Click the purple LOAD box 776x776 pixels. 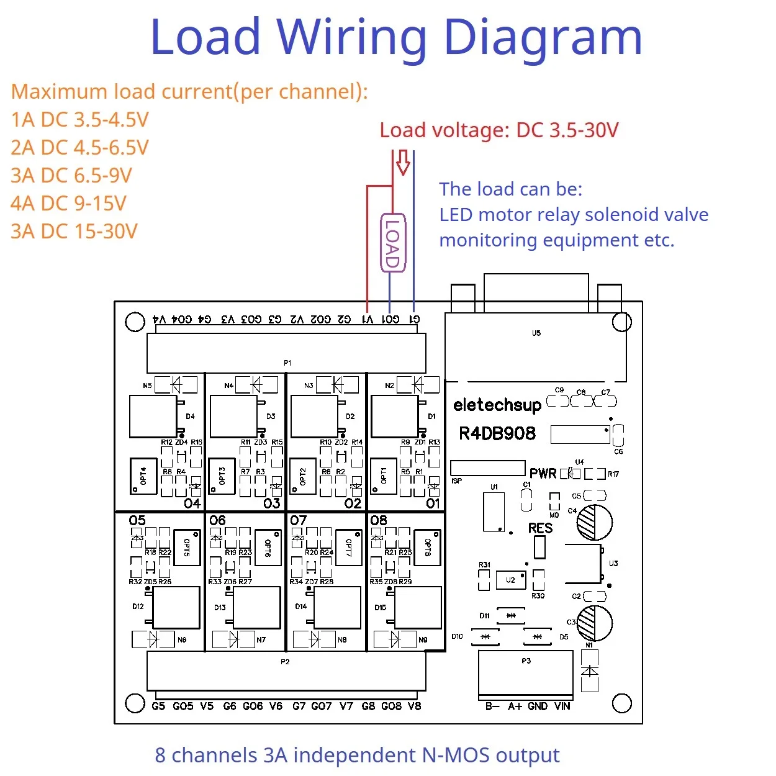click(x=392, y=243)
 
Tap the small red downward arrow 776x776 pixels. click(x=403, y=162)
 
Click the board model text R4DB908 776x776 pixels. click(x=497, y=433)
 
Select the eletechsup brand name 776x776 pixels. click(x=497, y=405)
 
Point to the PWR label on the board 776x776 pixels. click(x=543, y=474)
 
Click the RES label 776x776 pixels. click(x=540, y=528)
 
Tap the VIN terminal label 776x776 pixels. click(x=562, y=706)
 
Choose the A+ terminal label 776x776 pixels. click(x=515, y=706)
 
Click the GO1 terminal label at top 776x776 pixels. click(x=390, y=319)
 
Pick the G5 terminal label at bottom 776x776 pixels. click(x=158, y=706)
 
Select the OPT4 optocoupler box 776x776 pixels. click(x=143, y=476)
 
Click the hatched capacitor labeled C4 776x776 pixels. click(x=594, y=522)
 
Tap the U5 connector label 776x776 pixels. click(x=536, y=333)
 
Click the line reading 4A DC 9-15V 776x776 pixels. click(x=68, y=204)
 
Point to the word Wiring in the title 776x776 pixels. click(x=351, y=37)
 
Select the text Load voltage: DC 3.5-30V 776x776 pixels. click(x=499, y=130)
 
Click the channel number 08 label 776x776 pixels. click(x=378, y=520)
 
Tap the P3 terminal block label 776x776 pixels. click(x=526, y=661)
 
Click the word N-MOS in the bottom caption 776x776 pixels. click(x=456, y=755)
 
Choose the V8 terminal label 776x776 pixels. click(x=414, y=706)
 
